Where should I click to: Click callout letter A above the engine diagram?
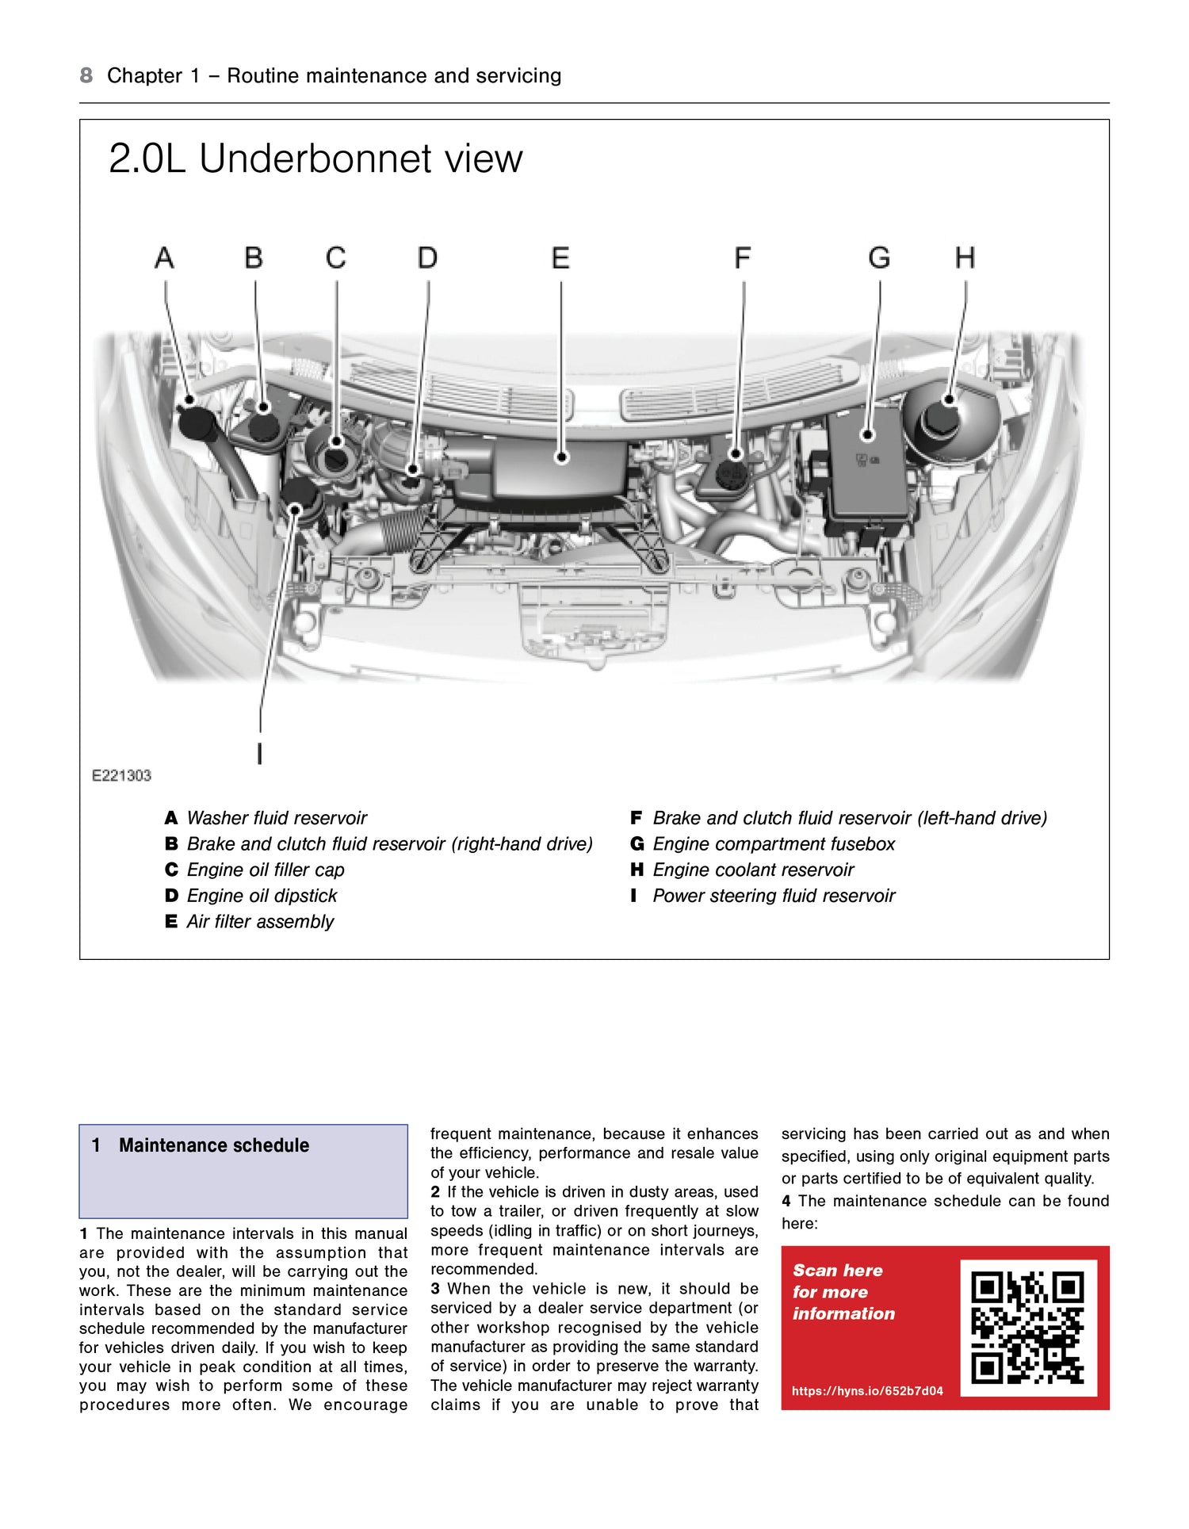click(164, 258)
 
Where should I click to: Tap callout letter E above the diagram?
click(560, 258)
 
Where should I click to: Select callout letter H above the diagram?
click(965, 258)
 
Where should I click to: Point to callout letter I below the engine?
click(260, 753)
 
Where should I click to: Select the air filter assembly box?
click(561, 468)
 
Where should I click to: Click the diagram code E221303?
click(121, 775)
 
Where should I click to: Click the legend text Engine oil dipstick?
click(262, 896)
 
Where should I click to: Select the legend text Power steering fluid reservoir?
click(773, 896)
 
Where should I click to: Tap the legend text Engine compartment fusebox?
click(773, 844)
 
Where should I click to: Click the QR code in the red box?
click(1027, 1328)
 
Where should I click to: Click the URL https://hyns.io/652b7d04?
click(867, 1391)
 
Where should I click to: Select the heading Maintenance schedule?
click(214, 1145)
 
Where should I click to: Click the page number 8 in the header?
click(86, 75)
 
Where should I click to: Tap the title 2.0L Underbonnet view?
click(315, 159)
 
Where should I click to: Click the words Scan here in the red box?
click(837, 1271)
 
